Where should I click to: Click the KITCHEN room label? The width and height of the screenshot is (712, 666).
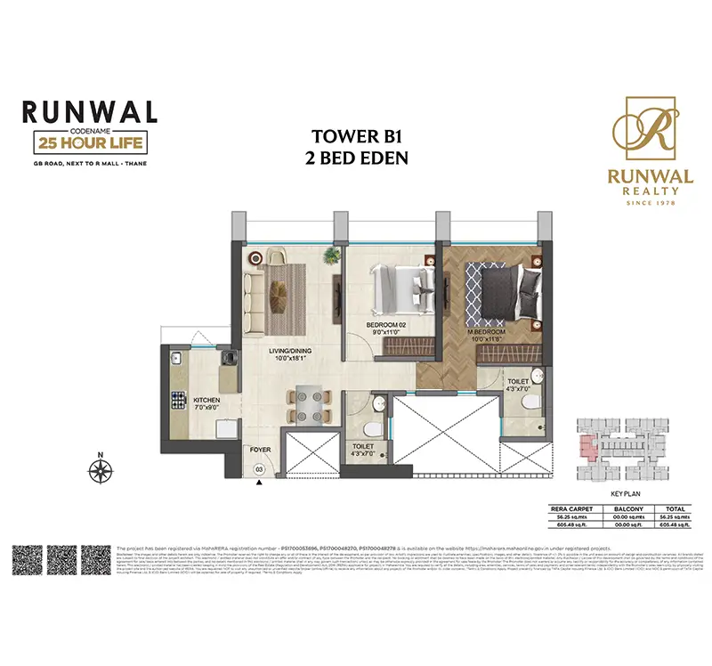pyautogui.click(x=206, y=401)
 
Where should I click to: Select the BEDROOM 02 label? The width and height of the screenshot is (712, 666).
pyautogui.click(x=386, y=325)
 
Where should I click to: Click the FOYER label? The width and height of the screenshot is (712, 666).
pyautogui.click(x=259, y=451)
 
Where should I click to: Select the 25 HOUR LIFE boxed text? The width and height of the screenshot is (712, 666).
pyautogui.click(x=88, y=142)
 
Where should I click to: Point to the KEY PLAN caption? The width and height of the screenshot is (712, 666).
pyautogui.click(x=627, y=491)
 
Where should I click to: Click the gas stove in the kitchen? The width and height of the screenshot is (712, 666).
pyautogui.click(x=176, y=396)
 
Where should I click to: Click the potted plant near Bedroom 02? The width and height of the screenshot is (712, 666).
pyautogui.click(x=331, y=256)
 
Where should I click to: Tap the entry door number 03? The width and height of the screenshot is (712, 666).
pyautogui.click(x=259, y=468)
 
